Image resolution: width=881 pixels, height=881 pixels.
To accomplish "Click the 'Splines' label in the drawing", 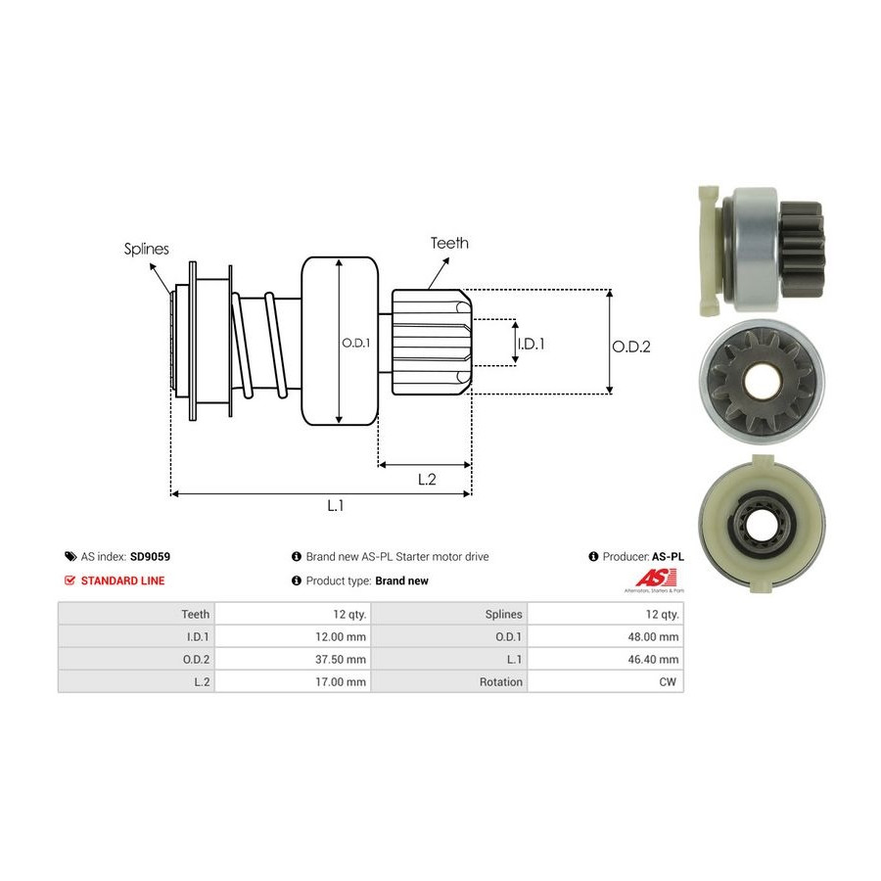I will (x=146, y=249).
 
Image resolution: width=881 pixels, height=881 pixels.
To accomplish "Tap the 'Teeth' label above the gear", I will (x=449, y=243).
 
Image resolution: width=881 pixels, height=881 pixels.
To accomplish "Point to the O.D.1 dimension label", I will (x=355, y=343).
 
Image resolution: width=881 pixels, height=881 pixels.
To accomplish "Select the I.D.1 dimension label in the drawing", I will (x=530, y=344).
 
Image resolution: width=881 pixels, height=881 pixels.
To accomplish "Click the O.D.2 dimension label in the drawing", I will (x=631, y=346).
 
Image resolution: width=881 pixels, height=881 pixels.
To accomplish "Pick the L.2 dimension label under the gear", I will (x=427, y=479).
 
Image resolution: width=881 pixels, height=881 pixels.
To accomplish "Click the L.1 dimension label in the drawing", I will (x=335, y=505).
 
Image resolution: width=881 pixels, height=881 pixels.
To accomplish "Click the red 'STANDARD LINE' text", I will (x=122, y=580).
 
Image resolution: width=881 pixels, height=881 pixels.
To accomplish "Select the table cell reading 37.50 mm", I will (x=343, y=659).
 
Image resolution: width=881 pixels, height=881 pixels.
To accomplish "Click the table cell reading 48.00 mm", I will (x=655, y=636).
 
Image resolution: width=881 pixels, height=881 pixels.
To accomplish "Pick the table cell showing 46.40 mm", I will (x=655, y=659).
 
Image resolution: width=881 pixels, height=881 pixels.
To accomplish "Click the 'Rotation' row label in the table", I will (x=501, y=681).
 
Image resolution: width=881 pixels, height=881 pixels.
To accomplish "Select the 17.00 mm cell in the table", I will (x=343, y=681).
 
